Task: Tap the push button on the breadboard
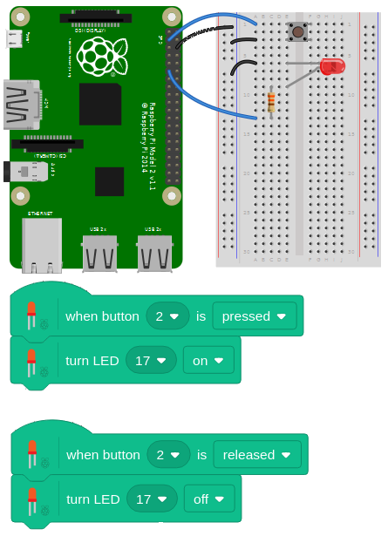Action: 298,32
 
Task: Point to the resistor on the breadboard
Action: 271,103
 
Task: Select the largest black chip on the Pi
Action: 100,105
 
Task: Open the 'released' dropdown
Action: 257,454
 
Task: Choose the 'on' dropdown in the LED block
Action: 208,359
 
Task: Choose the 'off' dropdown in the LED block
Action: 209,499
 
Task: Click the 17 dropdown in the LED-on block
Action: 151,359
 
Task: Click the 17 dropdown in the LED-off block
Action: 152,499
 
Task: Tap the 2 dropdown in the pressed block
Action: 167,315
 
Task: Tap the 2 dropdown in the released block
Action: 168,454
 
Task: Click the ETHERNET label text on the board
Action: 39,213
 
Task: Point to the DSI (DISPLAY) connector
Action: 91,18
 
